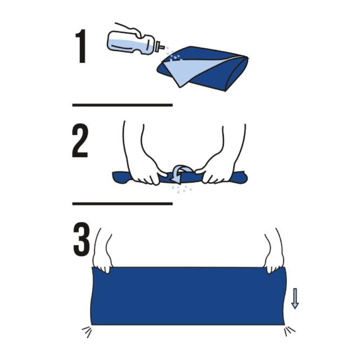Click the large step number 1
(81, 46)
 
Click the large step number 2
(80, 140)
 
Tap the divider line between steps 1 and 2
(122, 105)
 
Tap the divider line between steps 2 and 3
(122, 204)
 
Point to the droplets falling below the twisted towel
(181, 188)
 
